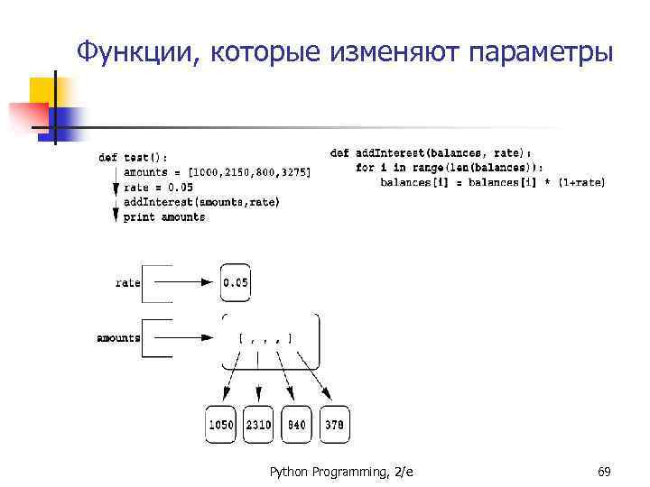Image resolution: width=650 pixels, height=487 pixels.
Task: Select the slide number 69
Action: tap(605, 471)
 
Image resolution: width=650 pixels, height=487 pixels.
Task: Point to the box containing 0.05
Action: tap(235, 283)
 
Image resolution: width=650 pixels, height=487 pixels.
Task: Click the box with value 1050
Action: tap(220, 425)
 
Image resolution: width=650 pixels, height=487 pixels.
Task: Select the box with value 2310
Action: tap(258, 425)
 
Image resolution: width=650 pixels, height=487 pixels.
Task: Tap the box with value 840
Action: tap(295, 425)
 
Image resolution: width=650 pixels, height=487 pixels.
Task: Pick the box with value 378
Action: tap(334, 425)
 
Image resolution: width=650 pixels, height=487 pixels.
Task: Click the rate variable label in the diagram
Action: tap(128, 282)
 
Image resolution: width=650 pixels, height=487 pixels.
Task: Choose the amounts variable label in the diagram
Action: tap(118, 338)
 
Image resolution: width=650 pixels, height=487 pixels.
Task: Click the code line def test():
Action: tap(133, 158)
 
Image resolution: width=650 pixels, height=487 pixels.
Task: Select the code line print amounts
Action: tap(164, 217)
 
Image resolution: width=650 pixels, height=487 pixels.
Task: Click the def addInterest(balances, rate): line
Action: tap(431, 153)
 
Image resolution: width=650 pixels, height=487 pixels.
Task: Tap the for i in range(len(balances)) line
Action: tap(450, 168)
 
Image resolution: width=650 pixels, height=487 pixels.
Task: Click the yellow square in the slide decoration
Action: tap(42, 90)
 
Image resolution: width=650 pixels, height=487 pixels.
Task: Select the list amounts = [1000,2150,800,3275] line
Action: tap(218, 172)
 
